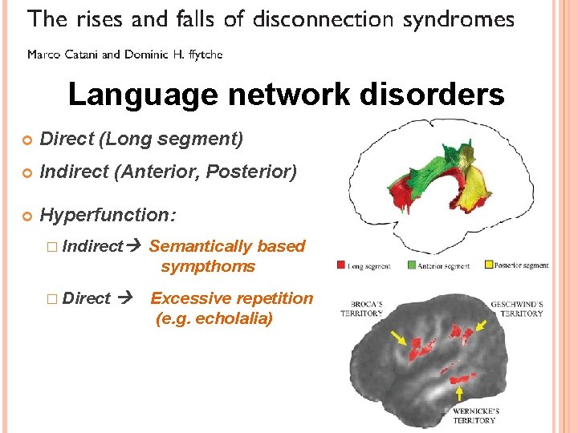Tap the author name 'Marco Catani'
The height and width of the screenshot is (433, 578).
63,55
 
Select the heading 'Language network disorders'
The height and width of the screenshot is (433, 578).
287,95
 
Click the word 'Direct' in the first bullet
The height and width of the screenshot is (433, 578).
67,140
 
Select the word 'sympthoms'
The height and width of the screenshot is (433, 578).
208,266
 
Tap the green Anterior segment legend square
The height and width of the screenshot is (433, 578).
412,265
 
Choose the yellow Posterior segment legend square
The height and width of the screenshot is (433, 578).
488,265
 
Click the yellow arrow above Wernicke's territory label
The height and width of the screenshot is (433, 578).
458,392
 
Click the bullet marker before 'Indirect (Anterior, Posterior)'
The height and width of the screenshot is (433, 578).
28,172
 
